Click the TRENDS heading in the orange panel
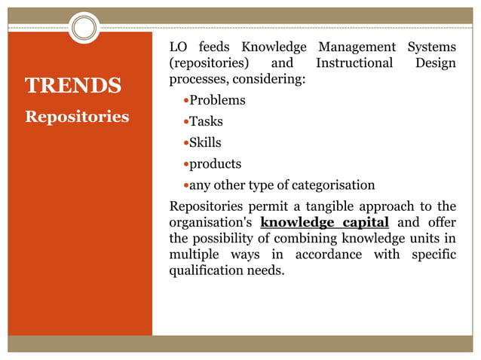coord(73,85)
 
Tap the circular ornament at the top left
coord(84,29)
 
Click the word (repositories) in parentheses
coord(206,63)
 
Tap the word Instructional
coord(354,63)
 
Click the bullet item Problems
coord(217,99)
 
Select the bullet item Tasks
coord(206,121)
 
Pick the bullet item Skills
coord(205,142)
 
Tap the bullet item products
coord(215,163)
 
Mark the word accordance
coord(329,255)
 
